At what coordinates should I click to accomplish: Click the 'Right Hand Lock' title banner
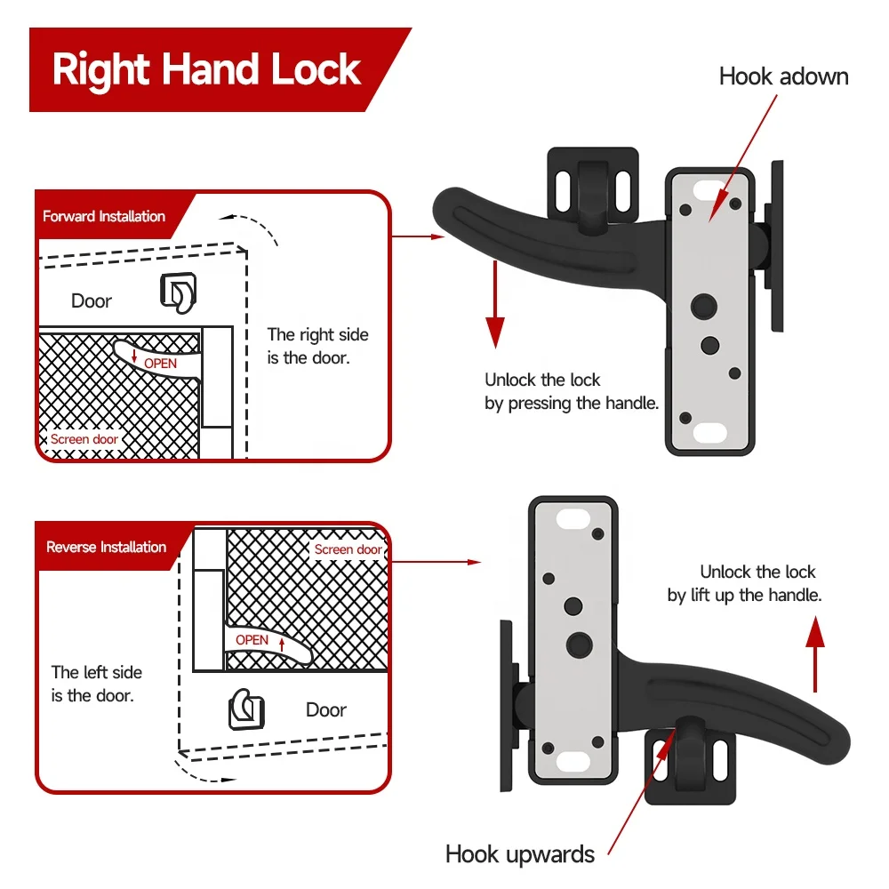[x=206, y=69]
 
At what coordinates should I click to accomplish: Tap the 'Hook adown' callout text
[x=783, y=76]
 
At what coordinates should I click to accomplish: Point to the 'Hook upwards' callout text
[x=520, y=854]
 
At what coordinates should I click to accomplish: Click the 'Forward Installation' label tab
[x=104, y=216]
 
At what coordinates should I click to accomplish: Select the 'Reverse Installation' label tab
[x=106, y=547]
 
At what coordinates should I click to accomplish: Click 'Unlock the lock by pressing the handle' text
[x=571, y=391]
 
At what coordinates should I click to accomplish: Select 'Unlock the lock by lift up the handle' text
[x=745, y=583]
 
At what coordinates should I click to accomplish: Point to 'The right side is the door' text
[x=317, y=346]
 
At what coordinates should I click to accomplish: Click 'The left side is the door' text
[x=96, y=684]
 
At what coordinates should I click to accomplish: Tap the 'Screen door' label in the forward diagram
[x=84, y=439]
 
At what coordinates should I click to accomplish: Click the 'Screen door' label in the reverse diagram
[x=348, y=549]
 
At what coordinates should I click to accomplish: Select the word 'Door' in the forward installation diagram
[x=92, y=300]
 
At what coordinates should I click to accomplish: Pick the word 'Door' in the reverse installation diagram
[x=325, y=709]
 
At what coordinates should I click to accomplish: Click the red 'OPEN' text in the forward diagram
[x=160, y=363]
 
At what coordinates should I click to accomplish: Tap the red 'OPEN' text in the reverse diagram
[x=252, y=640]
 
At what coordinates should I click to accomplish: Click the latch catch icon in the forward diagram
[x=177, y=292]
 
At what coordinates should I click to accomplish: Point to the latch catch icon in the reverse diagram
[x=245, y=709]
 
